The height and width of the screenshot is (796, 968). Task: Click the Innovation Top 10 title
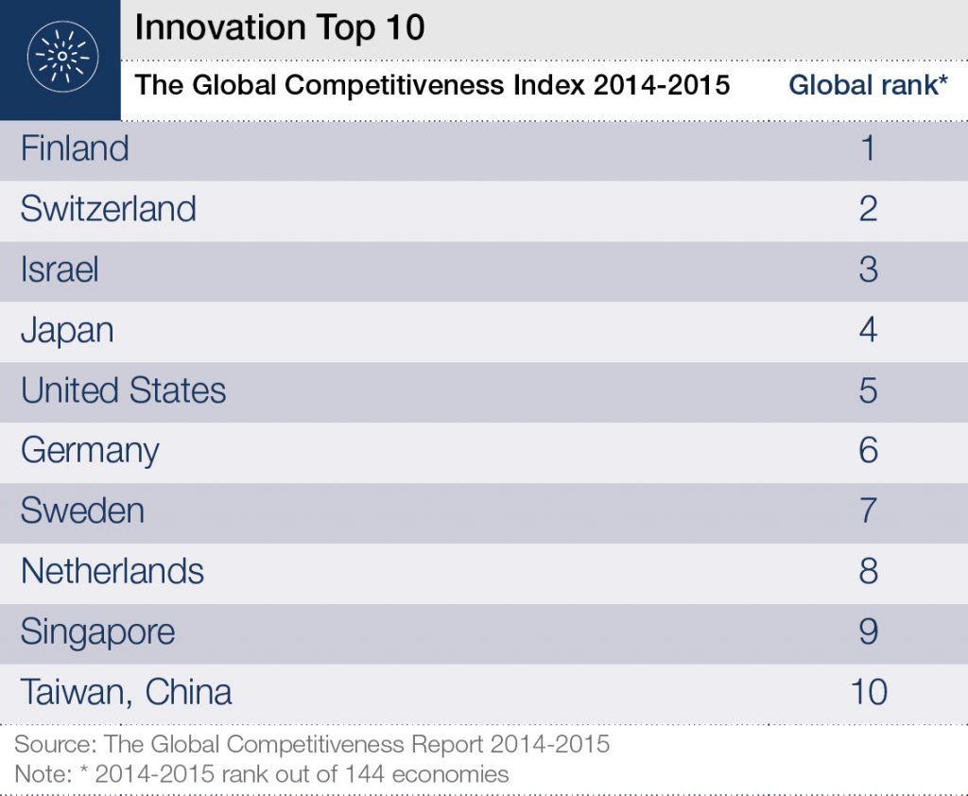point(280,28)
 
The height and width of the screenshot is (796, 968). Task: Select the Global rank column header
point(868,85)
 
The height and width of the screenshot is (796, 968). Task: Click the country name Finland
point(75,149)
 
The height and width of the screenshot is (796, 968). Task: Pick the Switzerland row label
point(108,209)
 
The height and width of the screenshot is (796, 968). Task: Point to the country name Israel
point(60,270)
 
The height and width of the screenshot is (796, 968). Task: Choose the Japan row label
point(67,331)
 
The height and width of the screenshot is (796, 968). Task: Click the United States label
point(123,390)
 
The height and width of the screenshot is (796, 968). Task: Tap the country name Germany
point(90,451)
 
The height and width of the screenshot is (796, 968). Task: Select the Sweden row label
point(82,511)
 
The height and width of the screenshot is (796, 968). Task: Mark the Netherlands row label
point(112,572)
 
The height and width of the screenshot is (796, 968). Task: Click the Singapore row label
point(97,632)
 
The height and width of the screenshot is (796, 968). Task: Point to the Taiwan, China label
point(126,693)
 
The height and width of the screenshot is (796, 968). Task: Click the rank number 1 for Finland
point(869,149)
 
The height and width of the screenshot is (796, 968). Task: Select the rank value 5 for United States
point(869,390)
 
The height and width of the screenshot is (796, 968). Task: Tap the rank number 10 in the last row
point(869,693)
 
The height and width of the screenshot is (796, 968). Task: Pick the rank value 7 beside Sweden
point(869,511)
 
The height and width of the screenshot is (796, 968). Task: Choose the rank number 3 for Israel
point(869,270)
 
